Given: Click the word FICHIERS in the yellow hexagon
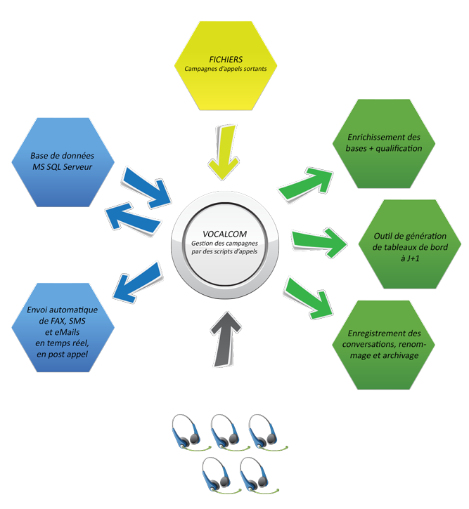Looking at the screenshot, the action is point(226,60).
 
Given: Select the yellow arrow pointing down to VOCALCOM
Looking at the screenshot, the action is point(224,152).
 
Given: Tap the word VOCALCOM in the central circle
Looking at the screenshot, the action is point(224,234).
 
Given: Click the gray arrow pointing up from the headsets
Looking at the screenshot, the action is point(225,338).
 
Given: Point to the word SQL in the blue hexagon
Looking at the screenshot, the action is point(53,167).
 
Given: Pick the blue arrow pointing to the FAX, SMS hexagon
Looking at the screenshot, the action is point(137,282).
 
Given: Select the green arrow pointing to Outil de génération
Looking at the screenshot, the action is point(319,243).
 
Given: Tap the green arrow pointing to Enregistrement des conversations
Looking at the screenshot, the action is point(309,298).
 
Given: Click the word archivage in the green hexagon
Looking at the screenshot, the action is point(400,355).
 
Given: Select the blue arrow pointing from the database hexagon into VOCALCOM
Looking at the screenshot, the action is point(146,187).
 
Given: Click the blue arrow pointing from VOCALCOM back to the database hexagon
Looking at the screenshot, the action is point(133,218).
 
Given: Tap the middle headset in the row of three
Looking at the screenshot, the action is point(229,432).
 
